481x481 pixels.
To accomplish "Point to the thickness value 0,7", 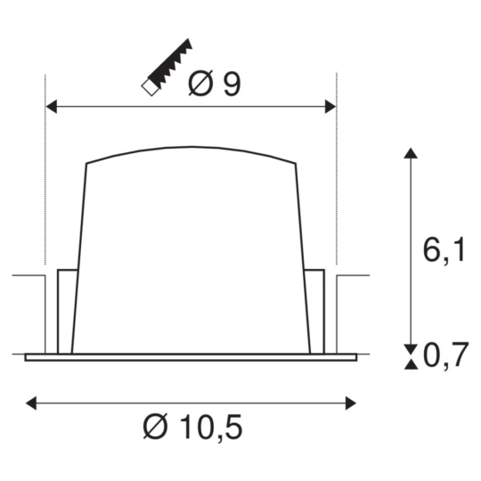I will click(445, 357).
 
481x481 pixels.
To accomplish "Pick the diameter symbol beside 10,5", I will click(154, 428).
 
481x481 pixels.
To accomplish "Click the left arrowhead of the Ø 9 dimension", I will click(51, 107).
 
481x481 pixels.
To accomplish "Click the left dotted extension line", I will click(45, 178).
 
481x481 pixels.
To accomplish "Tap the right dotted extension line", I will click(336, 178).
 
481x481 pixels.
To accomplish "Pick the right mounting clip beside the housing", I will click(314, 307).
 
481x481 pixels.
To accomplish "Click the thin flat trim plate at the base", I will click(191, 358).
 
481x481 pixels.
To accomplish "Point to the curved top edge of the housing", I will click(191, 149).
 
